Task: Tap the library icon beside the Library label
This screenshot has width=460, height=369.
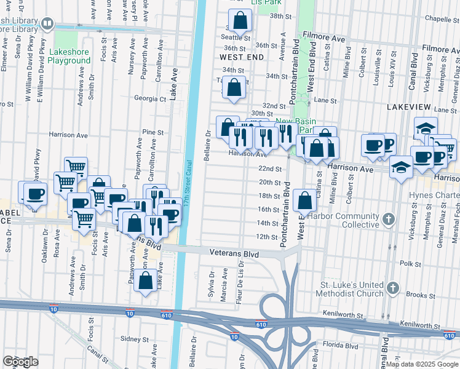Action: click(x=48, y=24)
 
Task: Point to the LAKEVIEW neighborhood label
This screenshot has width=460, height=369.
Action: click(x=411, y=106)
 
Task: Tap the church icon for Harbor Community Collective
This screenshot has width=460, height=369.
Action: click(x=388, y=219)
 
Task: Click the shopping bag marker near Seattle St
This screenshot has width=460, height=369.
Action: click(x=241, y=20)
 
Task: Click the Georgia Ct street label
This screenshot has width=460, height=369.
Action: click(x=150, y=98)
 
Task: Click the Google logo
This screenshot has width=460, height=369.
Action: click(x=20, y=362)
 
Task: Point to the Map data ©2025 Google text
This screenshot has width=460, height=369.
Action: click(x=421, y=364)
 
